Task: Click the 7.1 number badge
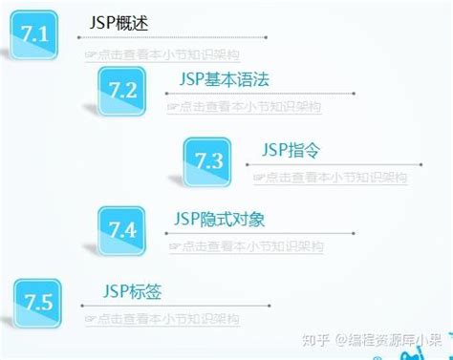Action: click(34, 36)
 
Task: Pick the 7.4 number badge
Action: click(122, 230)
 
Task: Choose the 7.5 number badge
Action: click(37, 303)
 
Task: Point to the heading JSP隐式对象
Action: click(220, 220)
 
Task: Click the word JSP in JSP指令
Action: click(274, 149)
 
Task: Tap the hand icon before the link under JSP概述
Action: click(90, 55)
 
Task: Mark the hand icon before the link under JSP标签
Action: click(90, 319)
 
